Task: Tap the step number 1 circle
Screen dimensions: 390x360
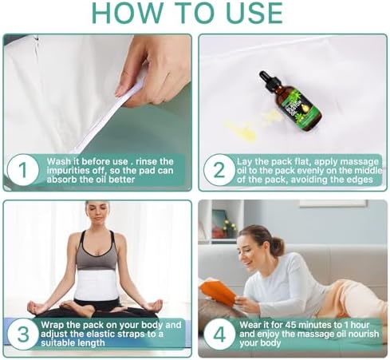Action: click(x=22, y=170)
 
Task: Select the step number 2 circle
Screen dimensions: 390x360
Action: click(x=219, y=170)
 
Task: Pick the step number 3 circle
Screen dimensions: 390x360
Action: click(x=22, y=334)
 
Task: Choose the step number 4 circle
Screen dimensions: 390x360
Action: click(x=219, y=334)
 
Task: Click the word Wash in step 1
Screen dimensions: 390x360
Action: click(x=59, y=161)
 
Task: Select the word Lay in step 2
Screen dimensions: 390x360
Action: click(x=244, y=162)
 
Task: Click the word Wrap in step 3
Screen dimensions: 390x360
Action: click(x=53, y=325)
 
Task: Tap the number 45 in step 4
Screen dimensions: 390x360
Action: click(x=290, y=325)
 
